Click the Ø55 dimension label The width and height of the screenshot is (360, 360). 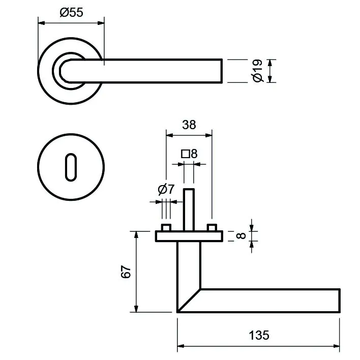coord(71,13)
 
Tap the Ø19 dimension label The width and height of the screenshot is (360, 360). coord(257,70)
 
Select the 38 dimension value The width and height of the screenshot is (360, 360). coord(189,125)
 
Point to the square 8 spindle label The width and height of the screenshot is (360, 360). coord(189,153)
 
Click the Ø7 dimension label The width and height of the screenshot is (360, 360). coord(166,190)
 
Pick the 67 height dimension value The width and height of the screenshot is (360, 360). coord(127,272)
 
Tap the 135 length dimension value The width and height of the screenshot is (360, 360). coord(259,335)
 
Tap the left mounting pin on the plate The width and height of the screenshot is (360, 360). coord(166,227)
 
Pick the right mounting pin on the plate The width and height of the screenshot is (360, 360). coord(212,227)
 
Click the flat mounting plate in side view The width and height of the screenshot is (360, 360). coord(189,236)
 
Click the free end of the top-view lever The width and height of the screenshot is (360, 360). coord(220,70)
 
